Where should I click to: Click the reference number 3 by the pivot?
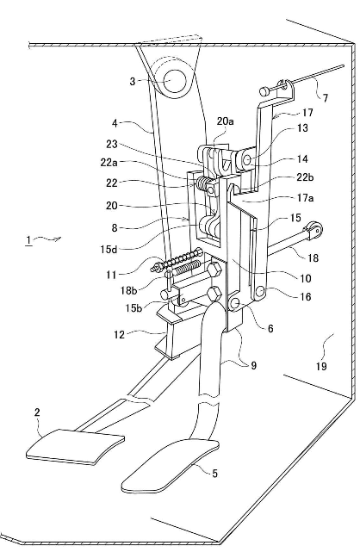click(x=133, y=82)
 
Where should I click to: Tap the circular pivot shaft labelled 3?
click(x=175, y=82)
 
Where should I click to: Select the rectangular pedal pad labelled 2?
click(x=75, y=447)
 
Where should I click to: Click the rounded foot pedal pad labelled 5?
click(x=170, y=466)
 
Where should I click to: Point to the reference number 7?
click(x=325, y=98)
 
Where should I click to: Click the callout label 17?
click(x=307, y=113)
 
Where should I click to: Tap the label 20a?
click(x=225, y=121)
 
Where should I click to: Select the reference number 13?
click(x=302, y=127)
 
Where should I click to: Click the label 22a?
click(x=109, y=162)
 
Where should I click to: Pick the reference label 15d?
click(x=109, y=249)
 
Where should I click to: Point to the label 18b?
click(x=129, y=291)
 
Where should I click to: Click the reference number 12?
click(x=120, y=335)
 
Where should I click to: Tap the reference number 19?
click(x=321, y=366)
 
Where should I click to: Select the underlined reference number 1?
click(x=28, y=240)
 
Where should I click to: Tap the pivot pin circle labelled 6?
click(x=237, y=303)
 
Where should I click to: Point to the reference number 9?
click(x=253, y=365)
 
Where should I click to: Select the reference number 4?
click(x=115, y=123)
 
